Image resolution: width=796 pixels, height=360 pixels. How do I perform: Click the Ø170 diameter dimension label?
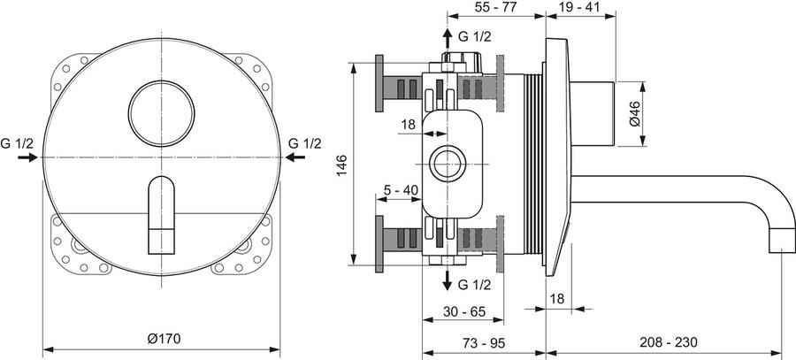[164, 339]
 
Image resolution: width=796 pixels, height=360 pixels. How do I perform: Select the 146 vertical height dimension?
[341, 165]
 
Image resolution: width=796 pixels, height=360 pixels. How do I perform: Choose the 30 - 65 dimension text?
[464, 310]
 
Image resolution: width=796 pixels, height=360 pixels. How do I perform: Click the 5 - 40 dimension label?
[401, 190]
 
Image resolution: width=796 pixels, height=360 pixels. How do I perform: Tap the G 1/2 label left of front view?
[17, 143]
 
